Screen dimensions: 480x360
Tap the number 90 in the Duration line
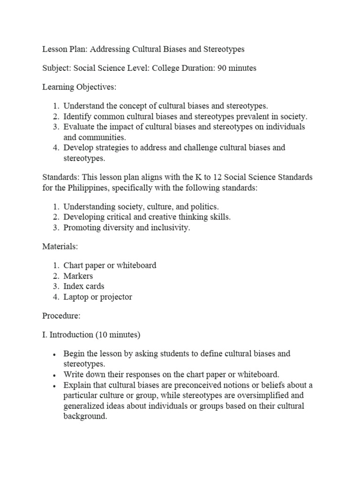(x=222, y=68)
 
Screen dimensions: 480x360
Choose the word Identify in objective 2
(x=78, y=117)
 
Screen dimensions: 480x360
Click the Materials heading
(x=60, y=246)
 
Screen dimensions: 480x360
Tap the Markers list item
(x=78, y=276)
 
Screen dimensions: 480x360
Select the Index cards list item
(x=84, y=286)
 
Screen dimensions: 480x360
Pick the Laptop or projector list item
(x=97, y=297)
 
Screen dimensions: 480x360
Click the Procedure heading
(x=61, y=315)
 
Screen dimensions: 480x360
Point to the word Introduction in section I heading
(x=71, y=335)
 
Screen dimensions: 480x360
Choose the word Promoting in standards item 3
(x=82, y=227)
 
